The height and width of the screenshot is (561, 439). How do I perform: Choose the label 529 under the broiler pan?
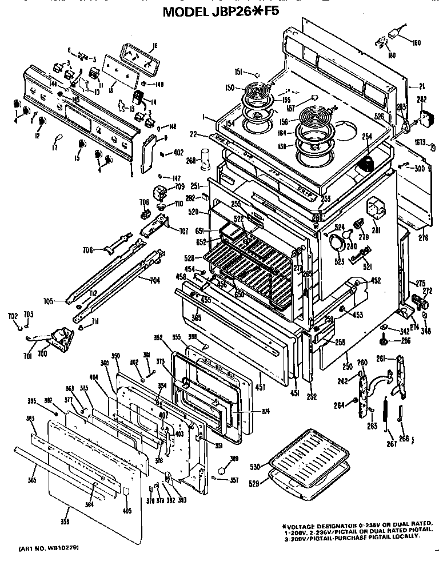pyautogui.click(x=254, y=484)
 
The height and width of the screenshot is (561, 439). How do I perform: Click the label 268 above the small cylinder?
pyautogui.click(x=190, y=161)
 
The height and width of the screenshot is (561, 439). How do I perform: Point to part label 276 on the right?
pyautogui.click(x=423, y=237)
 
